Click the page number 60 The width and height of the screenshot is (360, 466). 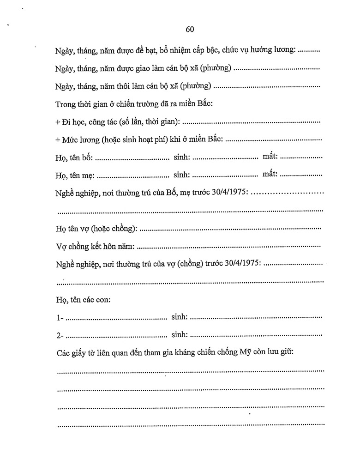coord(189,30)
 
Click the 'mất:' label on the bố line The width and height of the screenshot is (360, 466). coord(270,157)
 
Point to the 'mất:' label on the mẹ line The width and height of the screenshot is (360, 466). coord(270,174)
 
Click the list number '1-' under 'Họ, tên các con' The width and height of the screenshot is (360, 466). coord(59,318)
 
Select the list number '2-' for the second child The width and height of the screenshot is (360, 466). coord(59,335)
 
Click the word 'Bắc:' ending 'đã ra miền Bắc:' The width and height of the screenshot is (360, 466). coord(204,104)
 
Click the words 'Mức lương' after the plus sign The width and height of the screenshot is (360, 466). coord(78,140)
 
